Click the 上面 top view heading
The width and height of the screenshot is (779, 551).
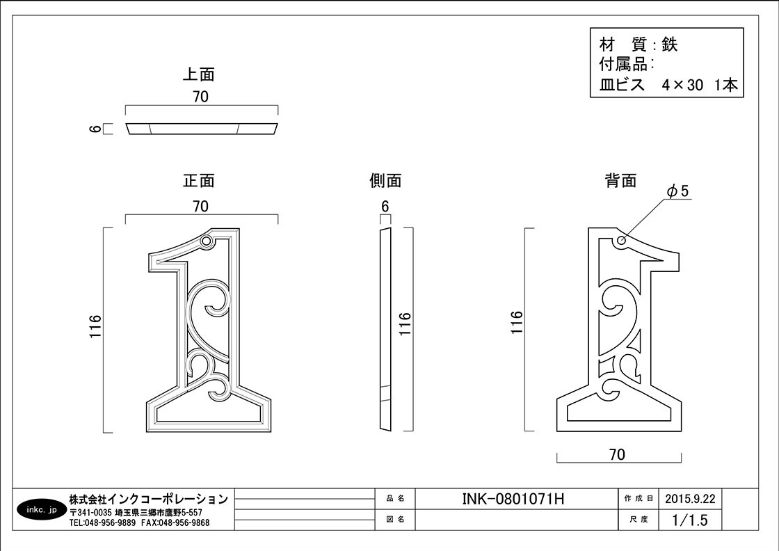click(x=199, y=74)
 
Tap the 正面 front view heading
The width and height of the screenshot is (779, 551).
click(x=199, y=180)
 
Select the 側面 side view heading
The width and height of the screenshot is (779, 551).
click(x=385, y=180)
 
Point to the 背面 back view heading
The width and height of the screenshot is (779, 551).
click(x=621, y=180)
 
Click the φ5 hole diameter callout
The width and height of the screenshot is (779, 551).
click(x=679, y=191)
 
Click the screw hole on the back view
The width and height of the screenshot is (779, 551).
click(x=621, y=241)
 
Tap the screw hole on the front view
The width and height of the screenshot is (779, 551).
click(x=207, y=241)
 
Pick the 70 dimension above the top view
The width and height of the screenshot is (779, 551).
click(x=201, y=97)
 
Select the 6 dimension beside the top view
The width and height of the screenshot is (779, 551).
click(x=95, y=129)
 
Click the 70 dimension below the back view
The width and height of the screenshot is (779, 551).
click(x=617, y=454)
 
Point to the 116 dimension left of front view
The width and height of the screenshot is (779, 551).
click(x=95, y=326)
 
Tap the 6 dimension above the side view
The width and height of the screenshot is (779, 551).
click(x=385, y=206)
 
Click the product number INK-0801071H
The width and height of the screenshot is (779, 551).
click(x=513, y=499)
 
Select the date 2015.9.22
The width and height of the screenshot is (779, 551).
click(x=690, y=499)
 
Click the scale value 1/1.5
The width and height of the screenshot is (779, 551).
click(x=690, y=520)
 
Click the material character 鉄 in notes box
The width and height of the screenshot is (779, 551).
click(x=670, y=45)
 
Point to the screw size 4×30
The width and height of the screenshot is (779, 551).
click(x=682, y=85)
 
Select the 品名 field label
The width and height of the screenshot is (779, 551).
click(x=396, y=498)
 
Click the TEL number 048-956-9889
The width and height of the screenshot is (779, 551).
click(x=111, y=522)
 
